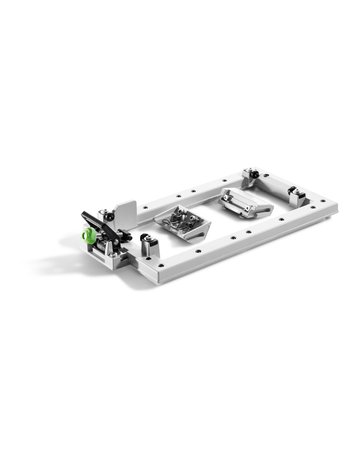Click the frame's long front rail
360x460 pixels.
click(240, 245)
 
